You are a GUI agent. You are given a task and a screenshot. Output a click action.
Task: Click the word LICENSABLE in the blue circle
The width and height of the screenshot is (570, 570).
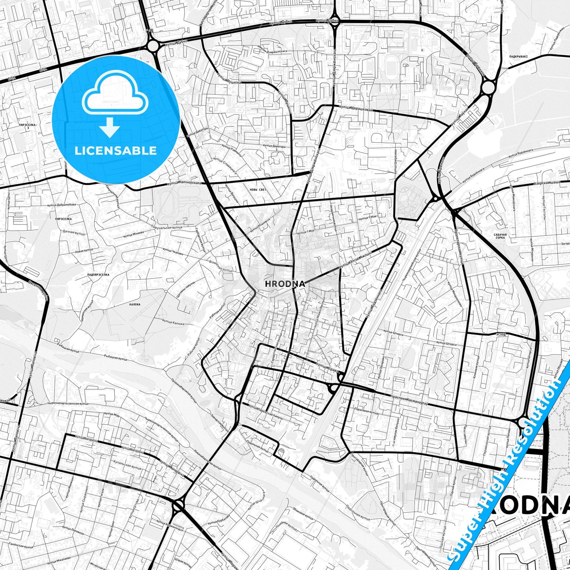point(116,150)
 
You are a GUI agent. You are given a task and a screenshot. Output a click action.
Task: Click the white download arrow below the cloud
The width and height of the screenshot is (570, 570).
point(110,127)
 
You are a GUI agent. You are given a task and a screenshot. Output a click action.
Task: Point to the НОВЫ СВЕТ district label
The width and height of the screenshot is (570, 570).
point(258,190)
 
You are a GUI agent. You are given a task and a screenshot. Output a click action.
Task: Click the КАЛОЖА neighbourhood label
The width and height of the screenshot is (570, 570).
point(135,304)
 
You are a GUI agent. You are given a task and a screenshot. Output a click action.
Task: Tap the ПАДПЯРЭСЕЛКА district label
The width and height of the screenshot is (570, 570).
point(98,274)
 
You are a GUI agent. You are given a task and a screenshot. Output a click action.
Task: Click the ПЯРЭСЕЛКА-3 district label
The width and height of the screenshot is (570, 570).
point(28,126)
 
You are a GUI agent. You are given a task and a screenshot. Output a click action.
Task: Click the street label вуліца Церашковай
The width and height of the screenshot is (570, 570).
point(356,108)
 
